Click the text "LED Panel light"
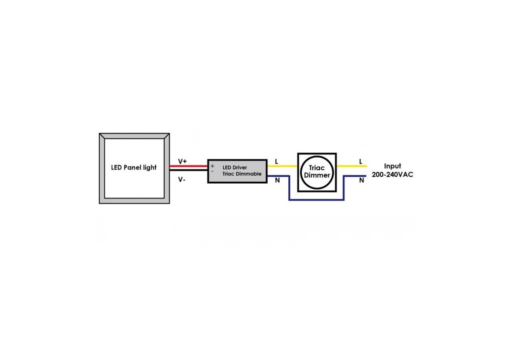pos(134,168)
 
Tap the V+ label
pos(182,161)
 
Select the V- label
pos(182,180)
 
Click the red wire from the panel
pos(188,166)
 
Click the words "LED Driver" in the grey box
pos(235,167)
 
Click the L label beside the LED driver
pos(276,162)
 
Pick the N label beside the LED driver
pos(277,180)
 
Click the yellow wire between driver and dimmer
pos(282,166)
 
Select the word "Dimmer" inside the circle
pos(317,175)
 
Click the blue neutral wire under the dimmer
pos(316,199)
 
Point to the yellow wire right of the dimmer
pos(351,166)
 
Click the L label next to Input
pos(361,162)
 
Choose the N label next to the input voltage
pos(362,180)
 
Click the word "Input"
pos(392,166)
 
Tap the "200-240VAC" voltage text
pos(392,175)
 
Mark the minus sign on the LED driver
pos(212,171)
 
